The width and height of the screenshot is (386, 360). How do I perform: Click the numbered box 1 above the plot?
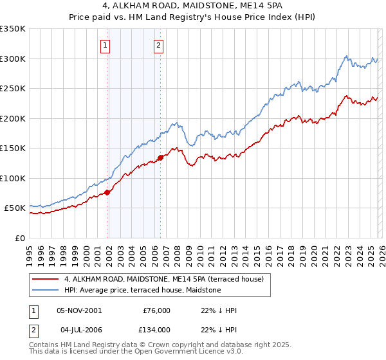coord(105,45)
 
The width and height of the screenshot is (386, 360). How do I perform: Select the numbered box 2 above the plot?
coord(158,45)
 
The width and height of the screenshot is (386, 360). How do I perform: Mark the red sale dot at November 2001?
coord(107,192)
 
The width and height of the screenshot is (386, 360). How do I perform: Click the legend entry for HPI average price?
coord(142,291)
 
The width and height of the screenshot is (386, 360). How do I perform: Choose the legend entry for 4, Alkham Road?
coord(168,279)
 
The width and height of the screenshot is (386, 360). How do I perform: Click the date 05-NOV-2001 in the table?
coord(79,310)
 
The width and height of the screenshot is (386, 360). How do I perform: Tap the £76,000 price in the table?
coord(156,310)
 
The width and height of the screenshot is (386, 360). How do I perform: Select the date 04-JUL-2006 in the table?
coord(78,329)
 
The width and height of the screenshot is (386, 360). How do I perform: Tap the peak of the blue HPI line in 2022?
coord(346,56)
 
